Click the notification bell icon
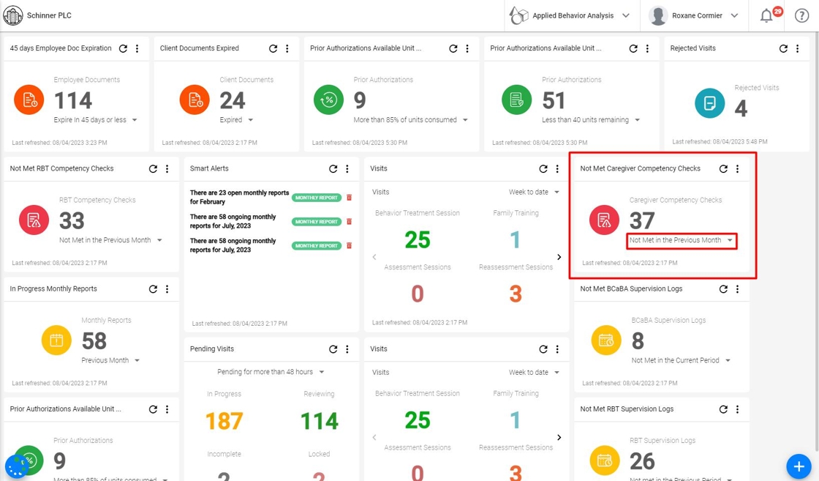point(766,16)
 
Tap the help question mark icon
point(801,16)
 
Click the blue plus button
point(799,466)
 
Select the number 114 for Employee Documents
point(73,100)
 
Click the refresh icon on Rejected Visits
point(783,48)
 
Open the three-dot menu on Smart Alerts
point(347,168)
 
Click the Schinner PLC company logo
point(13,15)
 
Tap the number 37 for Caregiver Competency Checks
point(642,220)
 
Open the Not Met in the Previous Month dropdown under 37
point(681,240)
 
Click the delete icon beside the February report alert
point(349,198)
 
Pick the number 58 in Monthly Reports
point(94,340)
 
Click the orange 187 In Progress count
point(224,421)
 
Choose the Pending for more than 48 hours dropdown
point(271,372)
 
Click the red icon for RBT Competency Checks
point(34,220)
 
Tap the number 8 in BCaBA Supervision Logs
point(638,340)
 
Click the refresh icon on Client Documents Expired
point(273,48)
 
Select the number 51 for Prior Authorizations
point(554,100)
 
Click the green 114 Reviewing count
point(319,421)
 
